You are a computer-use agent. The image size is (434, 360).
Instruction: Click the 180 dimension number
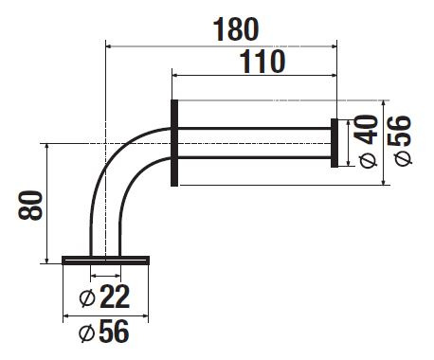click(x=236, y=29)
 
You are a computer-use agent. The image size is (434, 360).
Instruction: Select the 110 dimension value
click(x=262, y=62)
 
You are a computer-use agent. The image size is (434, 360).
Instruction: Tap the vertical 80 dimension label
click(x=30, y=206)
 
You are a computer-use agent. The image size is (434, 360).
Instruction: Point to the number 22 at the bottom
click(x=115, y=297)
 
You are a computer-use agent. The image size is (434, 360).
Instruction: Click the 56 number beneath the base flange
click(x=114, y=331)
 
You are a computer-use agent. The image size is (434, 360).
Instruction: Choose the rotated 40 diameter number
click(x=366, y=130)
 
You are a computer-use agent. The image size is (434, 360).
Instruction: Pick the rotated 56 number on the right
click(x=400, y=131)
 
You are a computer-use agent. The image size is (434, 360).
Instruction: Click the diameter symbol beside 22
click(x=87, y=297)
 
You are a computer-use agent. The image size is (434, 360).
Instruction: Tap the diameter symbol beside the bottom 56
click(x=86, y=333)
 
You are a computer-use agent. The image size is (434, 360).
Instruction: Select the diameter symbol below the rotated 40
click(x=369, y=160)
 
